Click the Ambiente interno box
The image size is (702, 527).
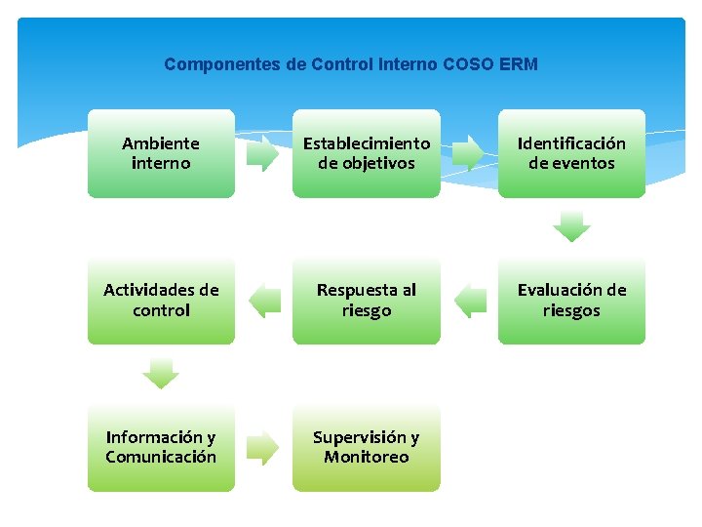pyautogui.click(x=161, y=153)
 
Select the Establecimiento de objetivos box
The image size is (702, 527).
pyautogui.click(x=367, y=153)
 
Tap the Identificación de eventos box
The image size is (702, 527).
pyautogui.click(x=571, y=153)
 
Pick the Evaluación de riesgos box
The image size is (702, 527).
pyautogui.click(x=571, y=301)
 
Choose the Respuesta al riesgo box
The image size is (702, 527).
pyautogui.click(x=367, y=301)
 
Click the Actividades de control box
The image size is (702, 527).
pyautogui.click(x=161, y=301)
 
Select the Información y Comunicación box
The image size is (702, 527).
pyautogui.click(x=161, y=447)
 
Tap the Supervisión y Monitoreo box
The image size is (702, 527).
pyautogui.click(x=367, y=447)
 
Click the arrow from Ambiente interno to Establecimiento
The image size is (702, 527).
pyautogui.click(x=262, y=154)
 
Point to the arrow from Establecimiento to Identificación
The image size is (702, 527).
pyautogui.click(x=468, y=154)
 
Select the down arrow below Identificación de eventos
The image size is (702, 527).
pyautogui.click(x=571, y=227)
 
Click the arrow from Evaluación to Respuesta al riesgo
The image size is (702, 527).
pyautogui.click(x=471, y=301)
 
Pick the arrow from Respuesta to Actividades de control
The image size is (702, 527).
pyautogui.click(x=264, y=301)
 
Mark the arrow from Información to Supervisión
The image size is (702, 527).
pyautogui.click(x=262, y=448)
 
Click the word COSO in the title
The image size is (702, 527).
pyautogui.click(x=468, y=64)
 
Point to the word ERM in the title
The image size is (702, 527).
pyautogui.click(x=518, y=64)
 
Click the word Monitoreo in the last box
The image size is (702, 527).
pyautogui.click(x=367, y=457)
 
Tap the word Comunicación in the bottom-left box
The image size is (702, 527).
pyautogui.click(x=161, y=457)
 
